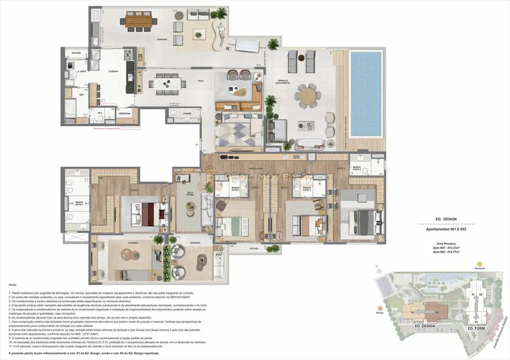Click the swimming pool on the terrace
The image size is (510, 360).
click(x=365, y=94)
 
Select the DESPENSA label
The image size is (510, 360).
click(x=125, y=113)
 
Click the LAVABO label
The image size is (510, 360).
click(x=187, y=113)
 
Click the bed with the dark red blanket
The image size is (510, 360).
click(x=147, y=212)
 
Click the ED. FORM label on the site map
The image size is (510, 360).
click(x=476, y=328)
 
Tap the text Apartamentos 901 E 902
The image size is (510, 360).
click(x=442, y=229)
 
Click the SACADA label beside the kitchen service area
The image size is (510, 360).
click(x=73, y=53)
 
